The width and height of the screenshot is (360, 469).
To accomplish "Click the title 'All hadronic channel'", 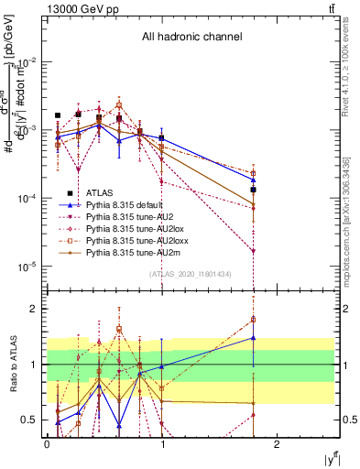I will pos(191,38).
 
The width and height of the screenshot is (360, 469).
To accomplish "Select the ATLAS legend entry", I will pos(100,192).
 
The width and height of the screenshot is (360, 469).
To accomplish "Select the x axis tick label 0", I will pos(47,443).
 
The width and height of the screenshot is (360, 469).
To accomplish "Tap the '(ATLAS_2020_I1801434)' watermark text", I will pos(190,274).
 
